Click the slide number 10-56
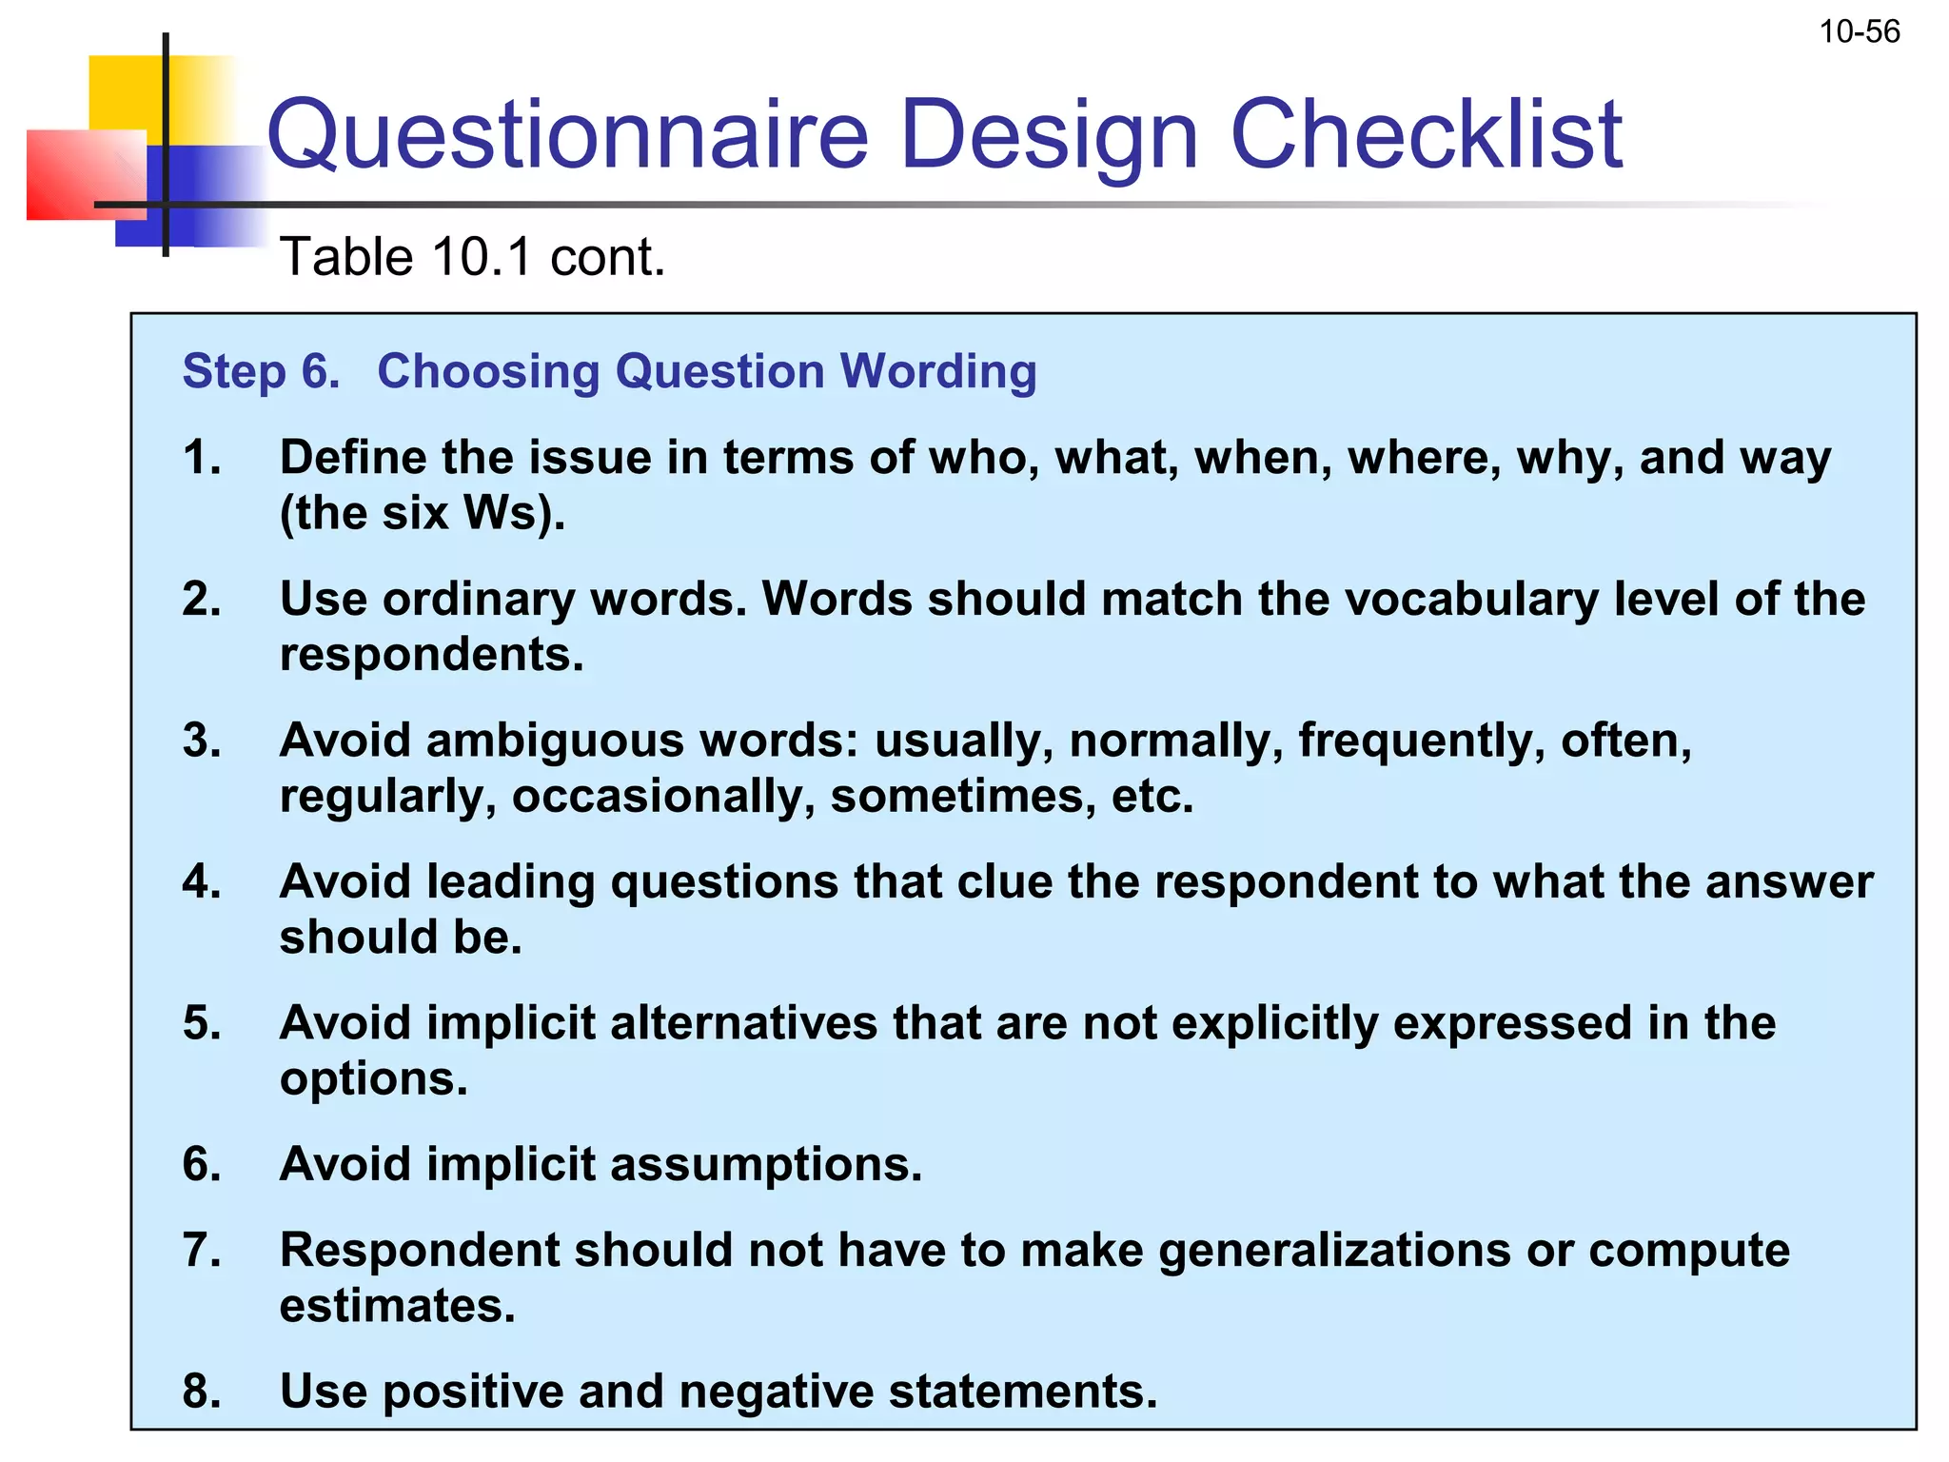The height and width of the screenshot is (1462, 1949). [x=1859, y=32]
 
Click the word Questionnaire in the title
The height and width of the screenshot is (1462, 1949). [x=567, y=135]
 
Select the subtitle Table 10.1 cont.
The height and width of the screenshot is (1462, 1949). [x=472, y=257]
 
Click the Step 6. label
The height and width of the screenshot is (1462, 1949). [x=261, y=371]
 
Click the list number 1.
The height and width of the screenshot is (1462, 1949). [x=202, y=458]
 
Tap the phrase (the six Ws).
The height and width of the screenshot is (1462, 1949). [x=423, y=513]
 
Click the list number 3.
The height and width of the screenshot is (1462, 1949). [x=202, y=741]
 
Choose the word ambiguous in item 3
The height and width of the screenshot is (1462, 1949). [x=556, y=741]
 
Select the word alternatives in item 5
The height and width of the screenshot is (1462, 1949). [x=743, y=1023]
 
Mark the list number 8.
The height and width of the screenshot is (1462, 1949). [x=202, y=1392]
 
